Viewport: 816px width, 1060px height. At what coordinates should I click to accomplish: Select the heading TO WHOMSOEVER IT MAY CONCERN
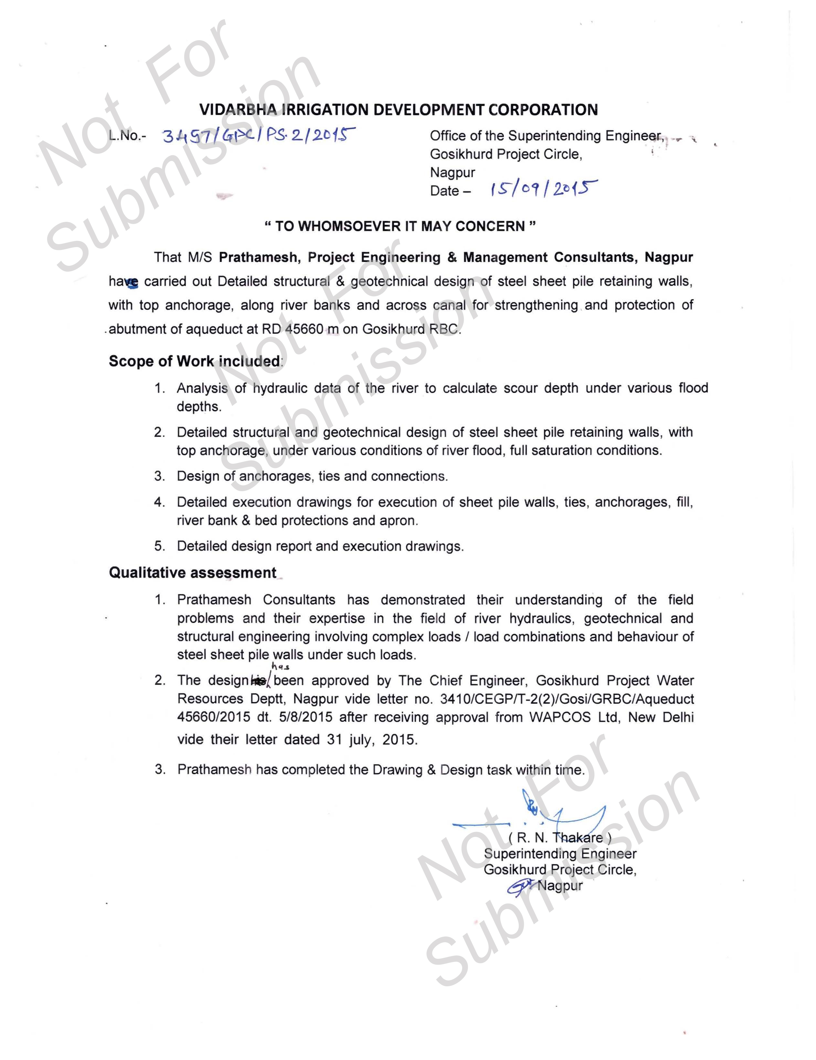point(400,226)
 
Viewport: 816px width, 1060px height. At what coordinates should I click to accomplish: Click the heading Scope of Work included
point(194,361)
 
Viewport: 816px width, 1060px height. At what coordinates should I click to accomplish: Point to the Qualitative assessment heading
point(193,573)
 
